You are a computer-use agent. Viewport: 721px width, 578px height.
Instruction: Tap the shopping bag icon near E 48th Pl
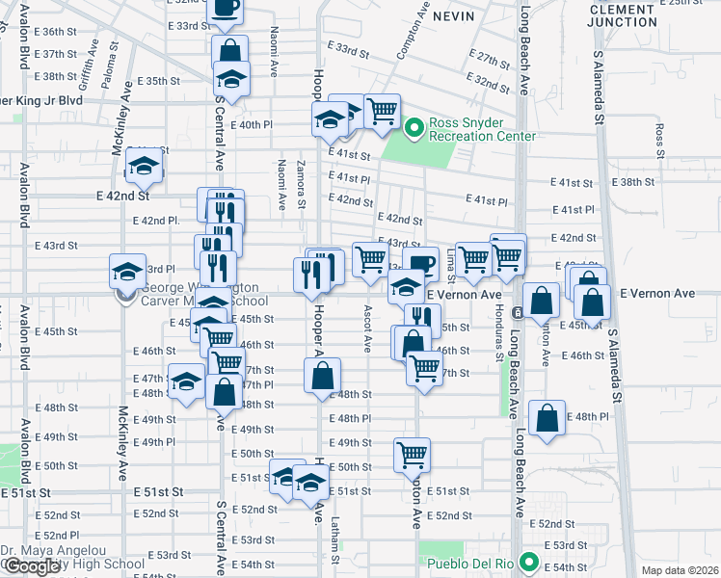[x=547, y=419]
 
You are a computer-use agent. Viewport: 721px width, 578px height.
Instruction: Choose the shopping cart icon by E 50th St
[x=413, y=453]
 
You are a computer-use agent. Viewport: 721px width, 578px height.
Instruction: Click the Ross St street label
[x=660, y=141]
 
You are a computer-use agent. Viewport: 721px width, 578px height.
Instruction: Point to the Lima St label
[x=451, y=258]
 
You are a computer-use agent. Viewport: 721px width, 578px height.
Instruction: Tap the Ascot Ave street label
[x=367, y=328]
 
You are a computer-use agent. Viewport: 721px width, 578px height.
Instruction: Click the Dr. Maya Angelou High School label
[x=72, y=558]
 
